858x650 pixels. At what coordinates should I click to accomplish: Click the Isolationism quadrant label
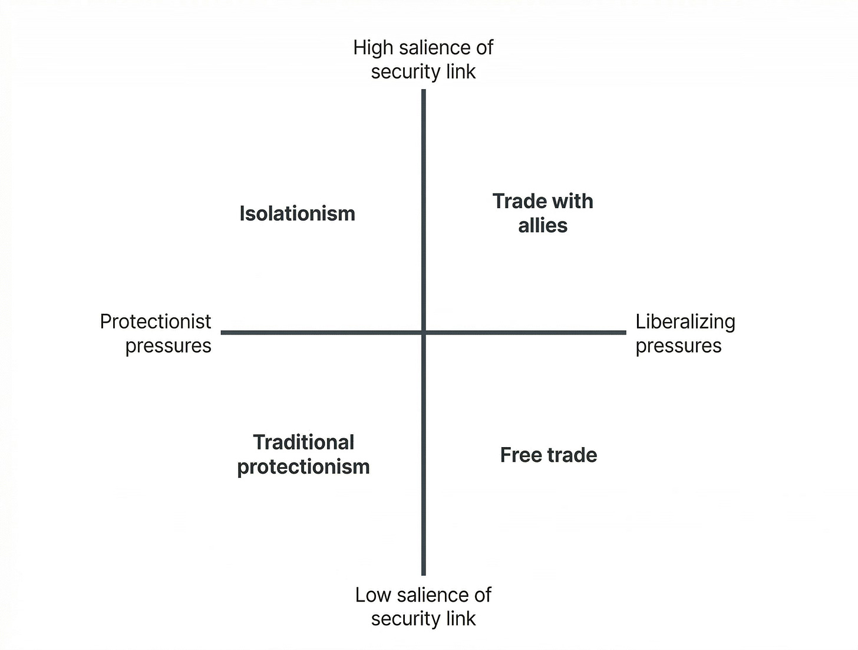(297, 214)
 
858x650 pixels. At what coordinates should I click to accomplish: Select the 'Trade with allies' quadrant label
(543, 213)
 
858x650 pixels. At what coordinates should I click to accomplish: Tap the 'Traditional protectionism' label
(303, 454)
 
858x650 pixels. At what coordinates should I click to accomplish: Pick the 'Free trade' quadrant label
(548, 455)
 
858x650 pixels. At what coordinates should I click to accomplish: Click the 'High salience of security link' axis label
(423, 59)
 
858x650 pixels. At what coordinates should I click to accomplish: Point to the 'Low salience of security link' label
(423, 606)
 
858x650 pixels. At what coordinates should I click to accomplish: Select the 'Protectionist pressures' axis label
(156, 333)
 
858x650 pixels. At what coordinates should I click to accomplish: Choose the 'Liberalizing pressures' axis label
(685, 333)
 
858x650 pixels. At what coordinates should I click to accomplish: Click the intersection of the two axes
(423, 333)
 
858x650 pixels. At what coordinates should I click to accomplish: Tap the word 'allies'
(543, 225)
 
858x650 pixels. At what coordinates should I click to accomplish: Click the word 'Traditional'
(303, 442)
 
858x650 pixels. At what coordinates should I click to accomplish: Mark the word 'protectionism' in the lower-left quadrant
(303, 467)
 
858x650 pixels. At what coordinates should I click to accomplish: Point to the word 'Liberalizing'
(685, 321)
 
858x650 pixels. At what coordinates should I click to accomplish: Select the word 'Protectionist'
(156, 321)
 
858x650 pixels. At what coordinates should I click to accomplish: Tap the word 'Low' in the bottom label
(372, 595)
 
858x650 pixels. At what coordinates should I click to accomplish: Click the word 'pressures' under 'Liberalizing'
(678, 346)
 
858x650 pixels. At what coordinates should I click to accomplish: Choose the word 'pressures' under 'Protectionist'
(168, 346)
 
